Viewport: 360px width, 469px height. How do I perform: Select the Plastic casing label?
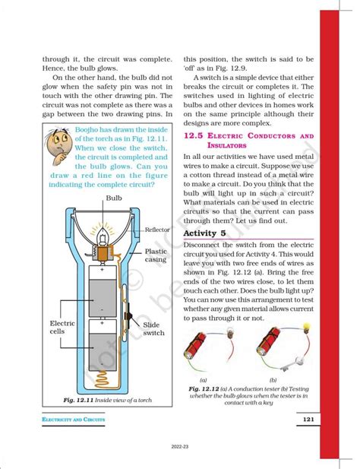click(x=156, y=255)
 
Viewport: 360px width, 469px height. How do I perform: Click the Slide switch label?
click(x=153, y=328)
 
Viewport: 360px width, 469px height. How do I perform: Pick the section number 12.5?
click(x=197, y=135)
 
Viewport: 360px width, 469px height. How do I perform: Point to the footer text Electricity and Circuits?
click(x=65, y=420)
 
